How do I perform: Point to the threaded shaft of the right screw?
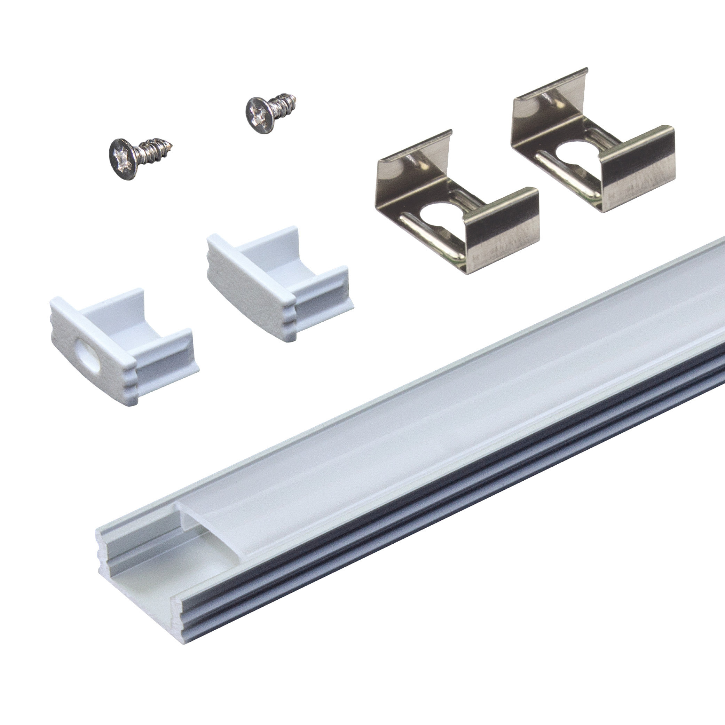point(284,102)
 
